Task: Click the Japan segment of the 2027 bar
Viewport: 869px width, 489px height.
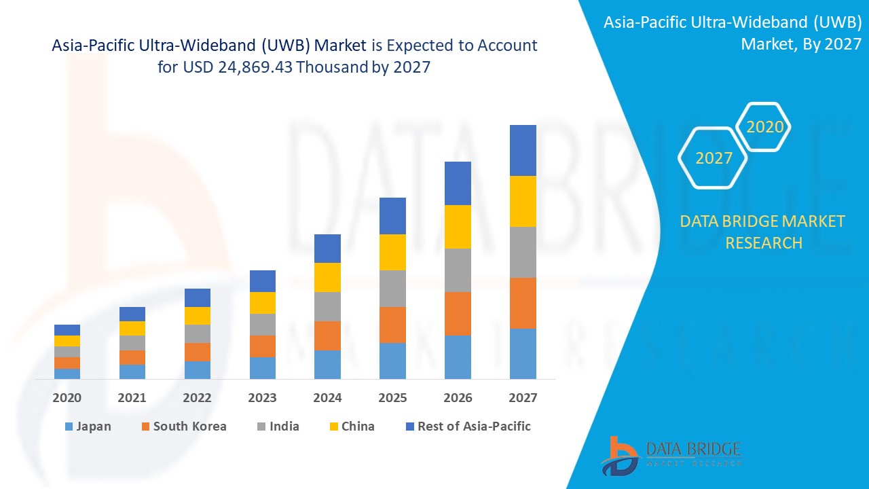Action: [523, 353]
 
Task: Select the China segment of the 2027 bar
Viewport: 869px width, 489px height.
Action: [523, 201]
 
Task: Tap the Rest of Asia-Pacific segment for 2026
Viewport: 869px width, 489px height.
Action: [458, 183]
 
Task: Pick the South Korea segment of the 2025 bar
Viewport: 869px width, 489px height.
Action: [392, 325]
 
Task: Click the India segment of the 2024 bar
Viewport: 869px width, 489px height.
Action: [327, 306]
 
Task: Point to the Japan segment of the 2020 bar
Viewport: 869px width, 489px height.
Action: [67, 374]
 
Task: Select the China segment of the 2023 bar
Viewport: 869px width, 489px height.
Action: [263, 303]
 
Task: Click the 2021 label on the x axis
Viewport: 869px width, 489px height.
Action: [132, 398]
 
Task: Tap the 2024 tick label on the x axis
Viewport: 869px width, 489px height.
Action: [327, 398]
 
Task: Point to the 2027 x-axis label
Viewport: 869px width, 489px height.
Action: [523, 398]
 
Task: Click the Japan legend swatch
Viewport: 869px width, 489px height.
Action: [68, 427]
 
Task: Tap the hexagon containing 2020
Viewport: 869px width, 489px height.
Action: [764, 127]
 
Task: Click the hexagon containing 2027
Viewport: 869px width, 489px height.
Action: [714, 158]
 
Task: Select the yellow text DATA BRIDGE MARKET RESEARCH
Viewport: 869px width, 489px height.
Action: [764, 232]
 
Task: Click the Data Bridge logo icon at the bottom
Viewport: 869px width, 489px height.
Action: [618, 455]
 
